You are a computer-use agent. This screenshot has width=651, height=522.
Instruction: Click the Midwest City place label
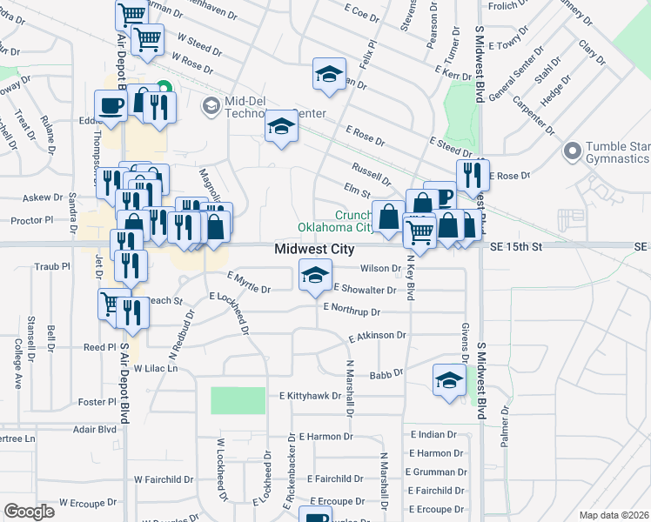314,249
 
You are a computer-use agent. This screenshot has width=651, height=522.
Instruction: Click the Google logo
30,512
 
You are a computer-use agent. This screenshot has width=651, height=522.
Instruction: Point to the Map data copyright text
614,515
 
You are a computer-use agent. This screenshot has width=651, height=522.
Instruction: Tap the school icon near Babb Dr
449,380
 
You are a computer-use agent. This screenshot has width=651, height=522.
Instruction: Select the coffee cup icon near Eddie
111,105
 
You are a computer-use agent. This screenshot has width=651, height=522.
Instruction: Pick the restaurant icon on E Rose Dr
473,175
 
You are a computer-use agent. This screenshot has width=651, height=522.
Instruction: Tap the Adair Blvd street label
95,430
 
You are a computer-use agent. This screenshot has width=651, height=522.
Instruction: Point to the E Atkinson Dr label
378,336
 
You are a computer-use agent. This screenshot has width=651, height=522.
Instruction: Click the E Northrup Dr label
352,309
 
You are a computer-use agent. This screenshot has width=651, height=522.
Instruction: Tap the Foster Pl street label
97,402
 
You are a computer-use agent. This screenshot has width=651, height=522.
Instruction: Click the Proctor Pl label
32,221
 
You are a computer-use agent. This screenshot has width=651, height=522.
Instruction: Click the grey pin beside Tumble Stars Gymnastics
572,152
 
